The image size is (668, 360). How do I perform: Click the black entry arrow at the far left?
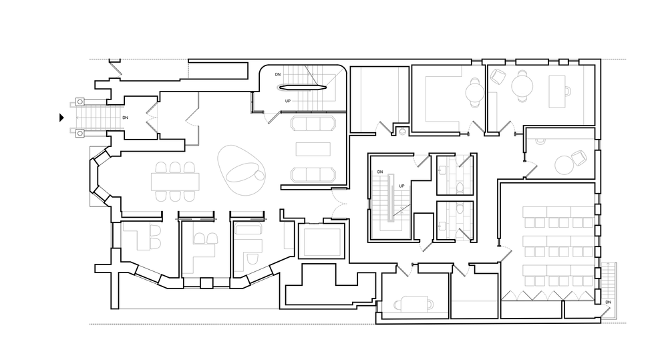(61, 118)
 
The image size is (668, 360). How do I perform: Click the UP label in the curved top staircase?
(288, 101)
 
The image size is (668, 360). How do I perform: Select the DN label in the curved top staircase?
(278, 74)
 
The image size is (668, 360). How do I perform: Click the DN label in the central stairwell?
(379, 172)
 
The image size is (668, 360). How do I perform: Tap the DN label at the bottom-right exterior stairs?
(607, 303)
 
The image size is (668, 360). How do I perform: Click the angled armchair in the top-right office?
(497, 78)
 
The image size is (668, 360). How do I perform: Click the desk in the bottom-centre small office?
(415, 303)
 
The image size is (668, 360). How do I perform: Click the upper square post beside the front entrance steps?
(79, 103)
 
